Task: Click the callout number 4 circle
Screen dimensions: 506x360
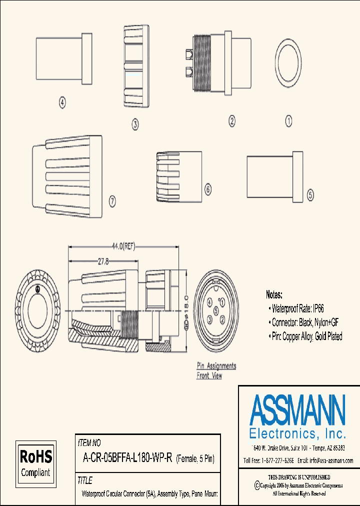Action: pos(62,103)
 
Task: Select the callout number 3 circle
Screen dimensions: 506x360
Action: pos(135,124)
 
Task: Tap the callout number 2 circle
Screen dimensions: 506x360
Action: pos(232,120)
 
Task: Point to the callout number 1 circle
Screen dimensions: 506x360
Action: pos(288,120)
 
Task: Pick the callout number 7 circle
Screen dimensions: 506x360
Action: pos(112,201)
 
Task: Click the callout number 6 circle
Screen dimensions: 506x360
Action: pos(208,189)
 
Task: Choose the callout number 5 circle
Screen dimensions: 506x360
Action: pos(310,195)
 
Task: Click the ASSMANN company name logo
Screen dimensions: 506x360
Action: pos(297,411)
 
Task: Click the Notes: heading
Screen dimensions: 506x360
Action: pos(274,295)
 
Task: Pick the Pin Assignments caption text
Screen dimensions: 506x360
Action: pos(216,366)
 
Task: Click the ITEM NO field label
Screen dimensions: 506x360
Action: pos(89,443)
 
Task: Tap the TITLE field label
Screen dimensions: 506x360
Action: pos(85,480)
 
